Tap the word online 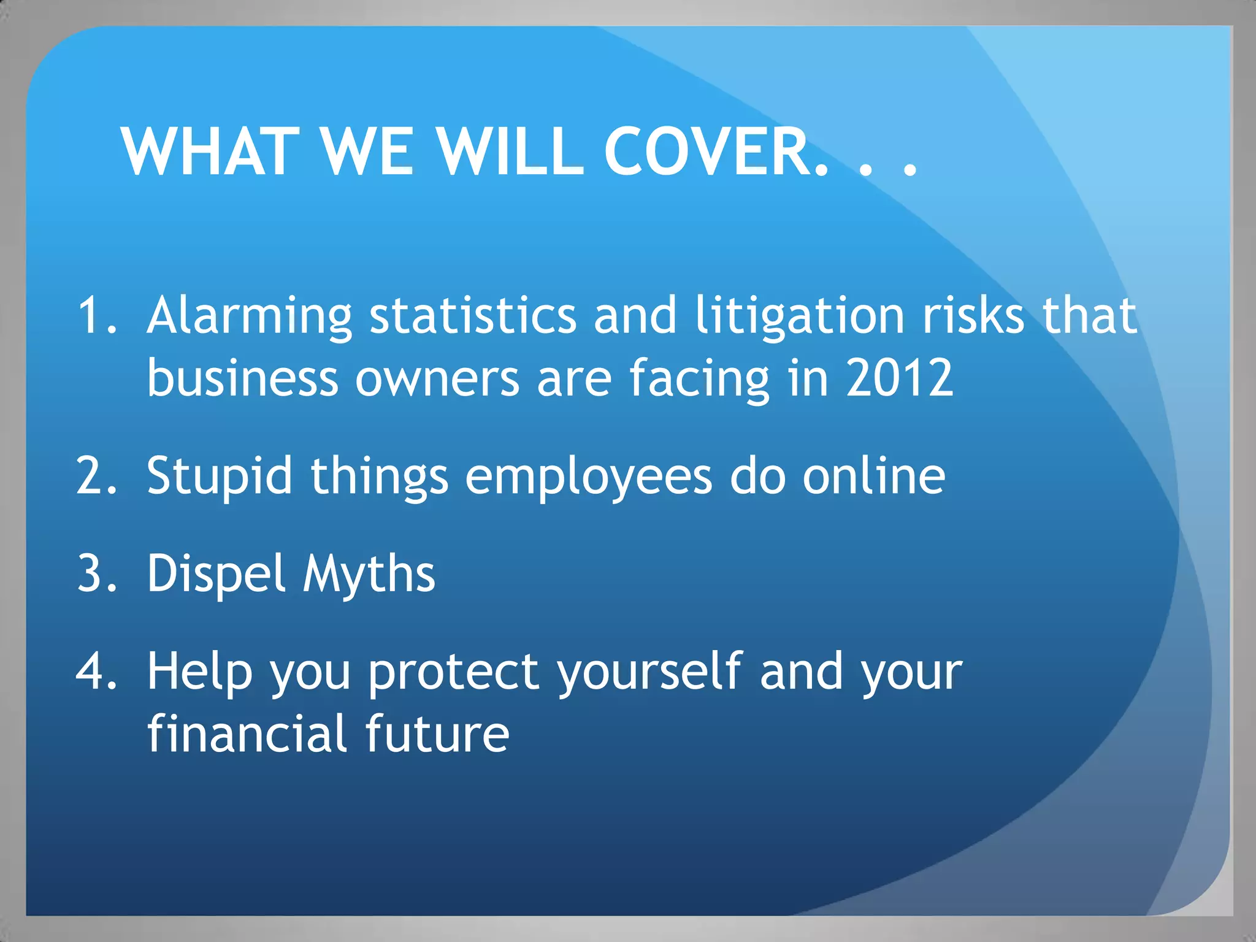[x=874, y=476]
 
